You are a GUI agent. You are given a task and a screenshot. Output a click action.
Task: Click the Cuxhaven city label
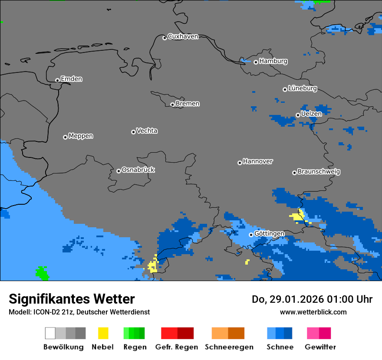click(183, 37)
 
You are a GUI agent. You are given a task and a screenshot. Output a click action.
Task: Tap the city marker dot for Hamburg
click(256, 62)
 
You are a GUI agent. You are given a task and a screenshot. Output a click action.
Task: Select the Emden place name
click(71, 79)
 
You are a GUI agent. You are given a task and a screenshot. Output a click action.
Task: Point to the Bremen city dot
click(172, 105)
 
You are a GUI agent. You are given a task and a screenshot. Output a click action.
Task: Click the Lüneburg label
click(302, 88)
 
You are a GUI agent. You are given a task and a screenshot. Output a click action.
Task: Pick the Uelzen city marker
click(298, 115)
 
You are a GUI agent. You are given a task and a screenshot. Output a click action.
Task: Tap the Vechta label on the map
click(147, 131)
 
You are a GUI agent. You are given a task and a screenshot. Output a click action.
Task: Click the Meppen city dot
click(65, 137)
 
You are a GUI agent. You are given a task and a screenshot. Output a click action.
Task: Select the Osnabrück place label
click(138, 170)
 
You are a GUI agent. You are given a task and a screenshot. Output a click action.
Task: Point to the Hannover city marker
click(240, 163)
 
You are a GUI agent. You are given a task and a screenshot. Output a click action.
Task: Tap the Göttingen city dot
click(251, 235)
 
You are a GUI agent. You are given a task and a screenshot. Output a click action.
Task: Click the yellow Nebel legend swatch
click(103, 333)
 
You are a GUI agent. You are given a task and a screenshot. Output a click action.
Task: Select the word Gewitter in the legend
click(320, 347)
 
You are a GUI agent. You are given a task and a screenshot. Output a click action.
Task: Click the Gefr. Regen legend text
click(177, 347)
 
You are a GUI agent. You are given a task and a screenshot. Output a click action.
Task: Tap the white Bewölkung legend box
click(50, 333)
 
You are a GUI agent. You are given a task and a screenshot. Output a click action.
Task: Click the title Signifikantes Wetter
click(72, 299)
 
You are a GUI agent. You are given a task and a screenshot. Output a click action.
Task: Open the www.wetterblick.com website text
click(313, 312)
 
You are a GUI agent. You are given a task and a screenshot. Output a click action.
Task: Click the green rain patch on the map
click(42, 273)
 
